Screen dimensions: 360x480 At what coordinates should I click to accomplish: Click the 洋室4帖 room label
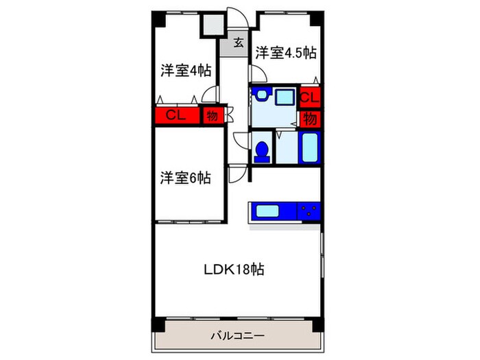click(186, 70)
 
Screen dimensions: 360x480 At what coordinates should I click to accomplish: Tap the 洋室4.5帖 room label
click(285, 52)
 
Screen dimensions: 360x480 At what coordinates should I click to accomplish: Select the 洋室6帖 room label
click(186, 178)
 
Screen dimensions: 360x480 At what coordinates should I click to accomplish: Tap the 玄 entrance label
click(238, 43)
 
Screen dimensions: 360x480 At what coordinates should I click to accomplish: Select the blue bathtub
click(310, 146)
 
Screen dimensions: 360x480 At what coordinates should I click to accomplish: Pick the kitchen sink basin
click(272, 211)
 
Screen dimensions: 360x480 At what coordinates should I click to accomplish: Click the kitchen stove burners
click(309, 211)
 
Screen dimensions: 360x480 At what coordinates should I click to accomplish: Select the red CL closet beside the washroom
click(310, 97)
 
